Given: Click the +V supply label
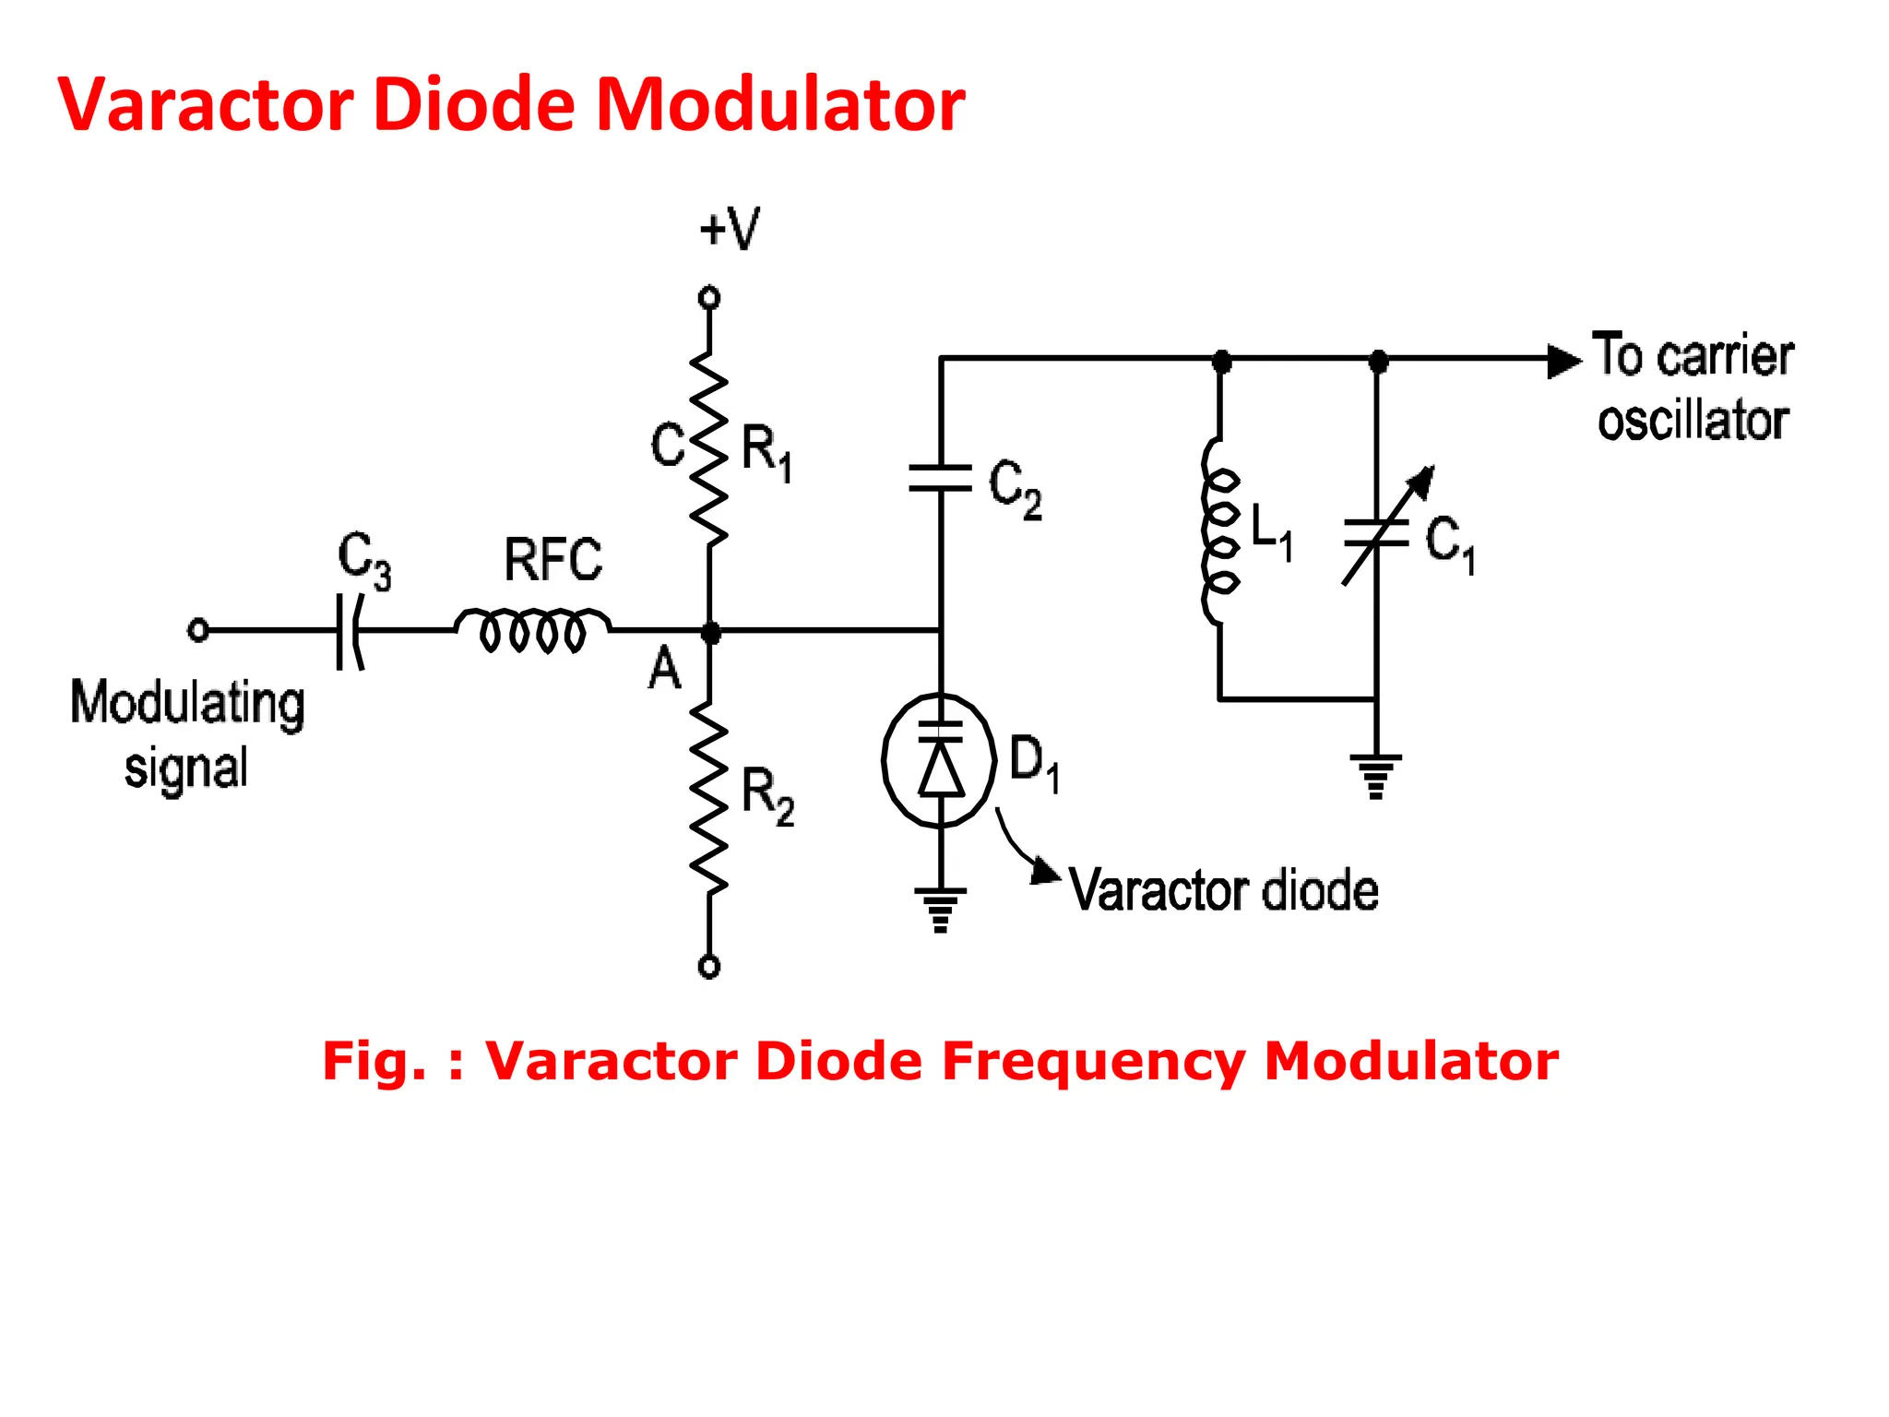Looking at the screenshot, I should (x=730, y=228).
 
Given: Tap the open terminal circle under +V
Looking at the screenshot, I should (x=708, y=297).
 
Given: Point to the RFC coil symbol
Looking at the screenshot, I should (x=533, y=628).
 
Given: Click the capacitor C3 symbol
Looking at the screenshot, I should (x=350, y=631).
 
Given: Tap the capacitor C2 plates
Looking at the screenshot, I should (x=940, y=478).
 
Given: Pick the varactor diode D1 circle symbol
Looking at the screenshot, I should (x=940, y=760).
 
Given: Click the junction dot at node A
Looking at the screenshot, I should (x=709, y=632).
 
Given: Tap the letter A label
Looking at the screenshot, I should (x=664, y=670).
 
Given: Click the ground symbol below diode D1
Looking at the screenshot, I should (x=940, y=909).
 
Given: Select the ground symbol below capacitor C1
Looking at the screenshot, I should (x=1375, y=775).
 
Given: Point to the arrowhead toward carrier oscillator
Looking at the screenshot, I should (x=1563, y=361).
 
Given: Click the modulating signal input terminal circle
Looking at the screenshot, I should (x=197, y=630).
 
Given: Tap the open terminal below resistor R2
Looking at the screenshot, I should (x=708, y=966).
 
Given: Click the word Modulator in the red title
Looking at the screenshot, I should (x=780, y=104).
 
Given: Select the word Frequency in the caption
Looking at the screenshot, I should (x=1093, y=1061).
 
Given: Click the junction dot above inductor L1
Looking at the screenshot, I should (x=1221, y=361).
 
